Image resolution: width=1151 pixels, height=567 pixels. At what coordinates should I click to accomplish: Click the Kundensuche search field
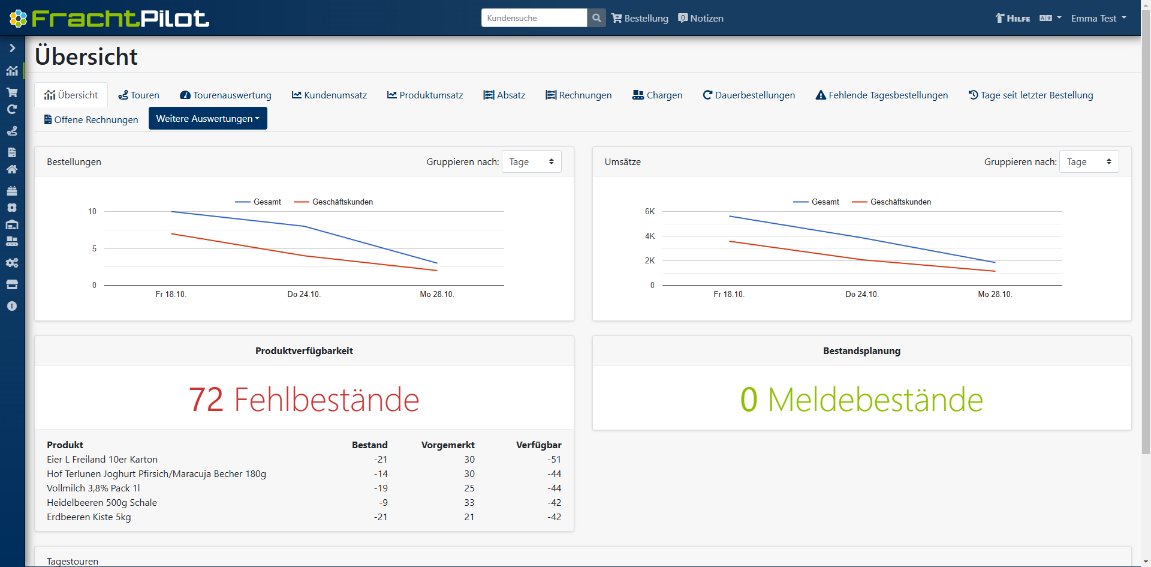[534, 18]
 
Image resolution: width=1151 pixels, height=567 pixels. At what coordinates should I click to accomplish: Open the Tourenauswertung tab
[225, 95]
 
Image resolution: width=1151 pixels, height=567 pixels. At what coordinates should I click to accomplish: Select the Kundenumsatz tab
[329, 95]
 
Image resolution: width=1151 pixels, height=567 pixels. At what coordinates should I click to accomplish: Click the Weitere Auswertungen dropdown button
[207, 118]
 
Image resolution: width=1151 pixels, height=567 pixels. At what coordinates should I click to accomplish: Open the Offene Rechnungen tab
[91, 119]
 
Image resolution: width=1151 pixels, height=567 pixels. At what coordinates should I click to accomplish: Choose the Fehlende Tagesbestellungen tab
[881, 95]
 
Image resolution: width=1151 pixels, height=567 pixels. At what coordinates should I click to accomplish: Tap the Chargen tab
[657, 95]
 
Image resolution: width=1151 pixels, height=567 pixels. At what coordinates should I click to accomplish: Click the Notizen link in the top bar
[701, 18]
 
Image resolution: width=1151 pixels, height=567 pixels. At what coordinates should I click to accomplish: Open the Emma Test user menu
[1098, 18]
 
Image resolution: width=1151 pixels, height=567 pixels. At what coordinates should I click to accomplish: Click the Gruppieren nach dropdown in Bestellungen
[531, 161]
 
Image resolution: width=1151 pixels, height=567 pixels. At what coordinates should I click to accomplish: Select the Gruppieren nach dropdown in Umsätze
[1089, 161]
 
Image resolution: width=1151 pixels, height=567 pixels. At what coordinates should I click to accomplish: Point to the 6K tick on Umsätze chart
[650, 211]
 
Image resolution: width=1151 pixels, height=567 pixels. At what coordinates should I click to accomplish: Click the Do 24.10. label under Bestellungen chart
[304, 294]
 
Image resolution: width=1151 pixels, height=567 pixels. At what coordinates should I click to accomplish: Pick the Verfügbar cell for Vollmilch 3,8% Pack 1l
[554, 488]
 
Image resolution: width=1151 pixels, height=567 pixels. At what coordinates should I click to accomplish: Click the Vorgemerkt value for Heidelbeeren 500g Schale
[469, 502]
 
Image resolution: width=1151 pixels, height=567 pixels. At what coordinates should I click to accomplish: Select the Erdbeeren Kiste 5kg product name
[89, 517]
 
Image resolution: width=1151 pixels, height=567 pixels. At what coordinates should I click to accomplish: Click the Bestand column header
[369, 445]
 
